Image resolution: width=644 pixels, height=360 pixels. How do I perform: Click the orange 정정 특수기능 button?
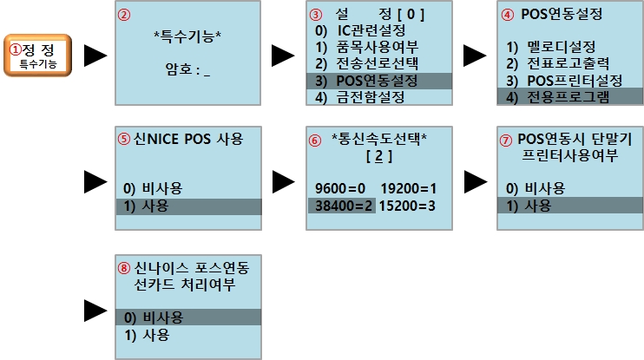click(x=38, y=56)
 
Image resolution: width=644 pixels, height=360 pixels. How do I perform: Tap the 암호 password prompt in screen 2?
click(x=187, y=69)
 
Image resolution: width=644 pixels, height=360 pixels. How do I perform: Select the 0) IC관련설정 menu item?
click(x=360, y=30)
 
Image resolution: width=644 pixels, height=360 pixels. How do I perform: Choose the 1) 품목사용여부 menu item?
click(x=367, y=47)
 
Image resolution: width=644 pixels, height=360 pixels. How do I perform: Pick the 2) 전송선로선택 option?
click(x=367, y=63)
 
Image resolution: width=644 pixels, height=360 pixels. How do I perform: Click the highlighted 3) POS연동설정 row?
click(x=379, y=81)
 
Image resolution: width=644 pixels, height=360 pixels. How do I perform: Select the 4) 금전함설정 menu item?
click(x=360, y=97)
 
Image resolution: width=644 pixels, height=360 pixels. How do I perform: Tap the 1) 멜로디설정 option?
click(x=551, y=47)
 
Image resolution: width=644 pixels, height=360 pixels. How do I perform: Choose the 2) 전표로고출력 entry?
click(x=558, y=63)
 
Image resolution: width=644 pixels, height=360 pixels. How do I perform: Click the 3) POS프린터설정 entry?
click(x=564, y=81)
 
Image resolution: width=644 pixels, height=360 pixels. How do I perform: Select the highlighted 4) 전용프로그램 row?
click(x=570, y=97)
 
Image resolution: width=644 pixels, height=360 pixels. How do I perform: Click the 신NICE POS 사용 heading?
click(x=188, y=139)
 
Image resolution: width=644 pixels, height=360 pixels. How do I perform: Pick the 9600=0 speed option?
click(x=340, y=188)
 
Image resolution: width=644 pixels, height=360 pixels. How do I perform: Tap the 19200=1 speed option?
click(x=408, y=188)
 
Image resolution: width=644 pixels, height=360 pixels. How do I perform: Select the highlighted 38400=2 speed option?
click(x=342, y=206)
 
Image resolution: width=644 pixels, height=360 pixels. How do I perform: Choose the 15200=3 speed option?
click(x=407, y=206)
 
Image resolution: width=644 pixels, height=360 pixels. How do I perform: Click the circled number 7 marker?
click(x=506, y=141)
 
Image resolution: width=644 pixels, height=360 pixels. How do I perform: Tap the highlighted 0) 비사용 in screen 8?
click(x=188, y=317)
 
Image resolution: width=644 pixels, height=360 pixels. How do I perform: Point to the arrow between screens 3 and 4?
click(x=475, y=56)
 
